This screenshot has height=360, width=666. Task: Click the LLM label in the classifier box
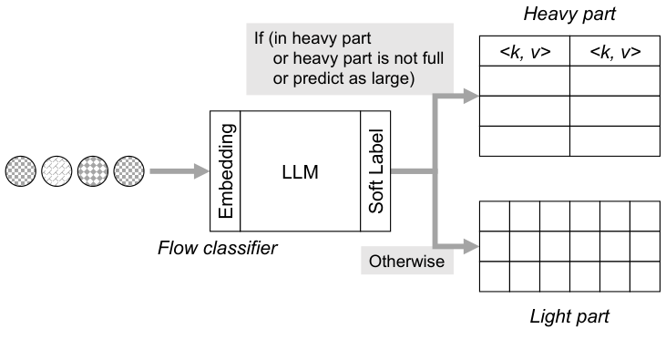pyautogui.click(x=301, y=172)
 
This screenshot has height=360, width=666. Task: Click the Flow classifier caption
pyautogui.click(x=217, y=248)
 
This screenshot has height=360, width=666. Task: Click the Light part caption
pyautogui.click(x=569, y=316)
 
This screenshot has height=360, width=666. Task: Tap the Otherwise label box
pyautogui.click(x=406, y=262)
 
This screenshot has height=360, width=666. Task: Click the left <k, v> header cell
pyautogui.click(x=525, y=53)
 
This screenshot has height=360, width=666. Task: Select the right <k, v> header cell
pyautogui.click(x=614, y=53)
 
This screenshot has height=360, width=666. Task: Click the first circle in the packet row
pyautogui.click(x=21, y=170)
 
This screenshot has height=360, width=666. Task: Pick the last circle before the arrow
pyautogui.click(x=129, y=170)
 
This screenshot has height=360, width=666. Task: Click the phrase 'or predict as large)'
pyautogui.click(x=343, y=79)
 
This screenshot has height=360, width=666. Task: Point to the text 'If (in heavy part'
pyautogui.click(x=313, y=39)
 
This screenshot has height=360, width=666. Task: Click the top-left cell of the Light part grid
pyautogui.click(x=495, y=216)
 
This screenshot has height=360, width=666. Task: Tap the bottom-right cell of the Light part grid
pyautogui.click(x=644, y=276)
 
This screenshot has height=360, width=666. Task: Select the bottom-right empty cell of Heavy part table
pyautogui.click(x=614, y=141)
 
